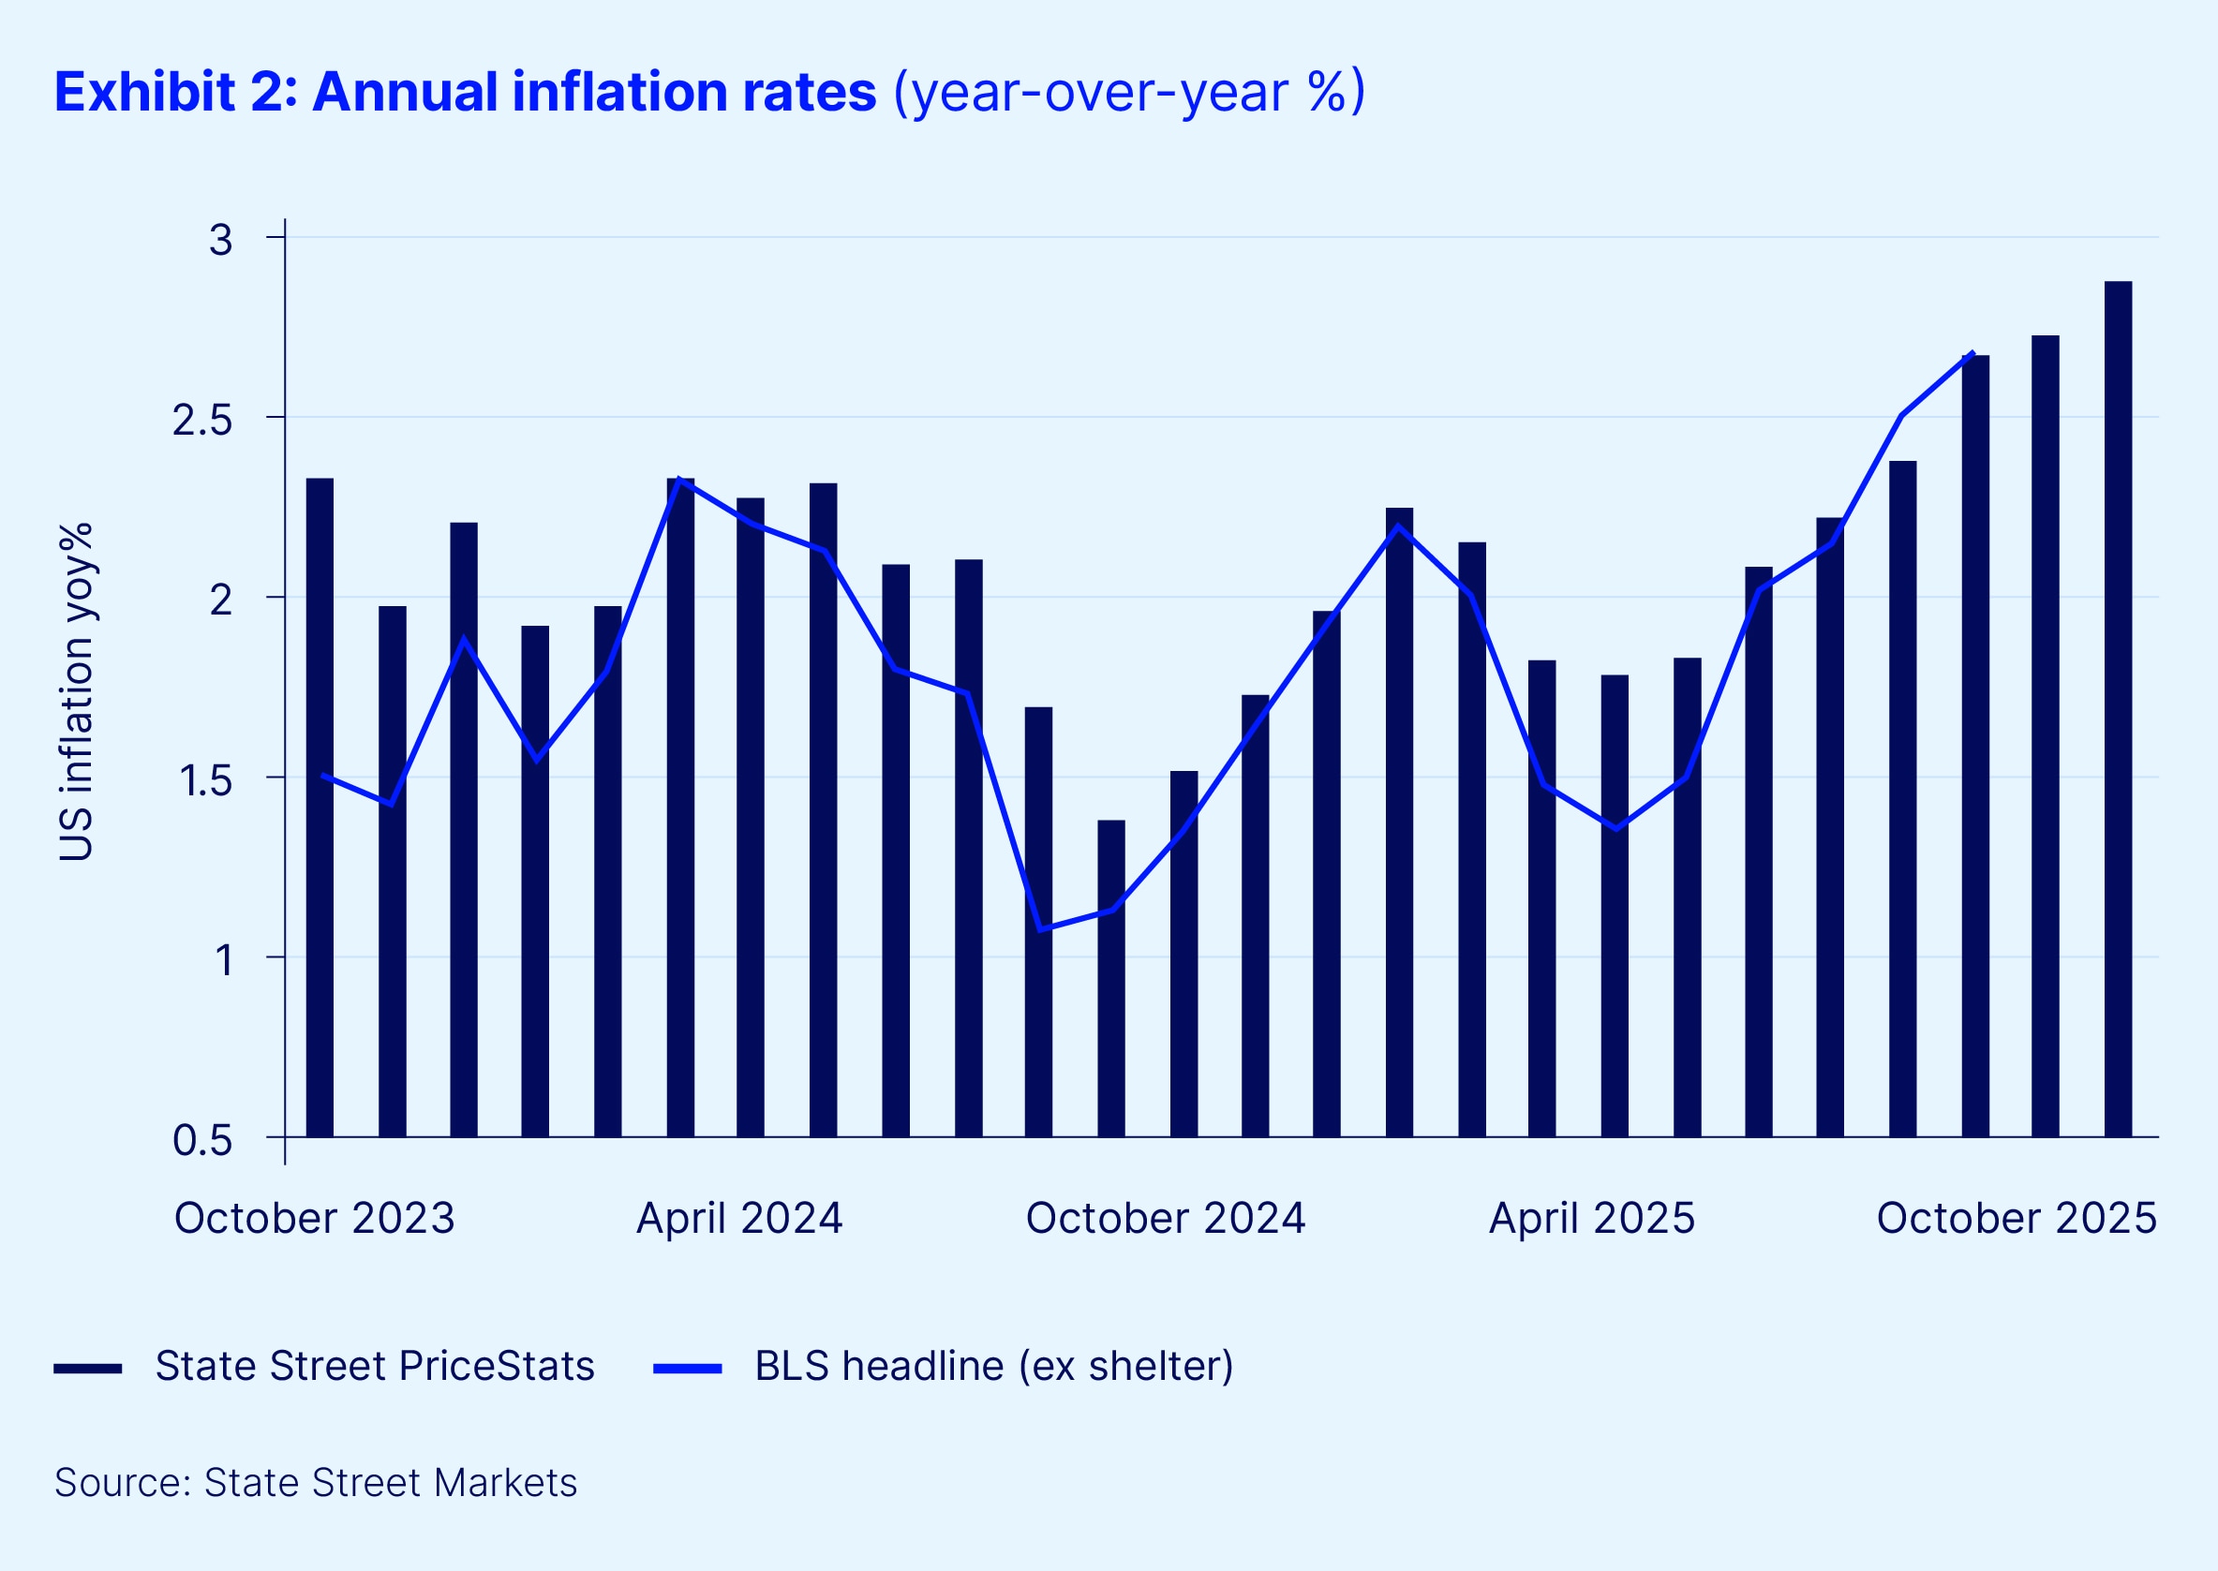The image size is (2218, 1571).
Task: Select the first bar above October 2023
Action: click(320, 807)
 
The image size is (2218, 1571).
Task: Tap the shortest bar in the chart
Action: click(1111, 978)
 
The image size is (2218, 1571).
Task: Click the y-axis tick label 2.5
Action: click(202, 420)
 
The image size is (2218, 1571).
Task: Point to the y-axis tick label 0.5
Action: click(202, 1140)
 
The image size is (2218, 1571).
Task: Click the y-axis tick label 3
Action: click(220, 240)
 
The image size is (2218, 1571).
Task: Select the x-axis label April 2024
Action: click(739, 1218)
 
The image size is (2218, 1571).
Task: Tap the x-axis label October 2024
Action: click(1165, 1218)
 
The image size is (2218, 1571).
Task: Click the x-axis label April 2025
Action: click(1592, 1218)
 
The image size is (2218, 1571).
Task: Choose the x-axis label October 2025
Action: click(2017, 1218)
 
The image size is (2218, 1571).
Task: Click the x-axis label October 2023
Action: click(315, 1218)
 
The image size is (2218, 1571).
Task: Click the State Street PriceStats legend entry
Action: click(374, 1366)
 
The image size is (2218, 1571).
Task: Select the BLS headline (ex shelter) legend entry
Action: click(994, 1366)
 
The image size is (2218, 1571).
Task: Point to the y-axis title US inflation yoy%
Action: click(76, 691)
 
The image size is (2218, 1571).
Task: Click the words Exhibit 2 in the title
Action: click(175, 92)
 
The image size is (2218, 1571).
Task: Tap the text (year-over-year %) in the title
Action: click(1128, 92)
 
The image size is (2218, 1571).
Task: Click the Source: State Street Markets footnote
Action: click(316, 1482)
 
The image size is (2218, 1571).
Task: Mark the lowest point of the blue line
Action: click(1040, 929)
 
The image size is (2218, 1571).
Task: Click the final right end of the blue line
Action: click(1973, 353)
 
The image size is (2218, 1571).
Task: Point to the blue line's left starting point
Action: click(322, 775)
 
